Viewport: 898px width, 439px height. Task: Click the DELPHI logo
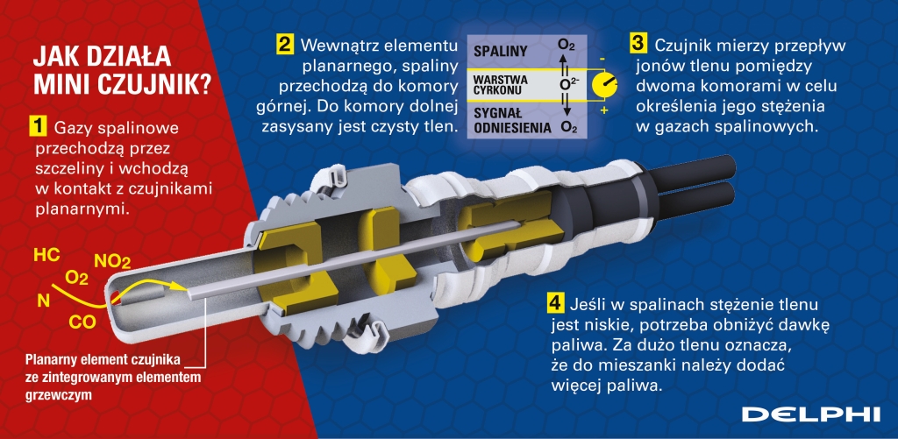810,414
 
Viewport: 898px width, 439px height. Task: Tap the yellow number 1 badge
36,127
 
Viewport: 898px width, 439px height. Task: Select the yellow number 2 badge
285,44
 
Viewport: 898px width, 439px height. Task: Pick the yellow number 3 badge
639,44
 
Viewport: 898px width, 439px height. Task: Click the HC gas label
47,255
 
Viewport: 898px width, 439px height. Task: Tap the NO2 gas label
112,262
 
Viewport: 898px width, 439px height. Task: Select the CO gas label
82,322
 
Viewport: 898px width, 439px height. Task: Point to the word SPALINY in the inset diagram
500,52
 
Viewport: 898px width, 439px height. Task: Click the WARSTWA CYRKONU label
501,85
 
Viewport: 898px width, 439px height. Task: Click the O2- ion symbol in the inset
568,84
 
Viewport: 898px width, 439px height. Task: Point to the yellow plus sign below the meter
603,109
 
